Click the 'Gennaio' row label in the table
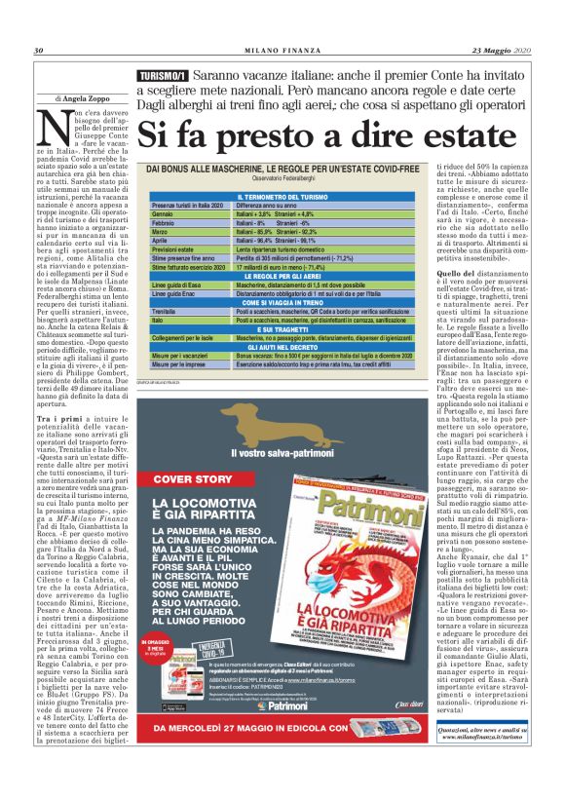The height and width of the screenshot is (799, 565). [x=167, y=213]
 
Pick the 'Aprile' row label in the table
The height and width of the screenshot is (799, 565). [x=165, y=240]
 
